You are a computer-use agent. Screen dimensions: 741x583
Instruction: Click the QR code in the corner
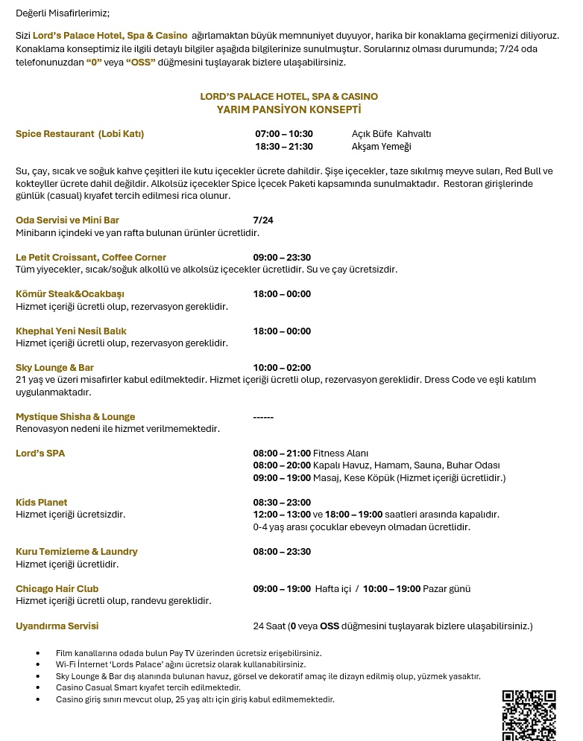[x=529, y=715]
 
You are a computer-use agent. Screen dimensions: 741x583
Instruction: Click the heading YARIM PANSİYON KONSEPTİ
[x=289, y=109]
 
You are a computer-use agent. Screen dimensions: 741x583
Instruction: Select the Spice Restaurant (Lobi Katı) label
[x=80, y=134]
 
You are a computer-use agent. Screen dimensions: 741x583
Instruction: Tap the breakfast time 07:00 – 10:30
[x=284, y=134]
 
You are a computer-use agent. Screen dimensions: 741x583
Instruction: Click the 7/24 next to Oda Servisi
[x=263, y=220]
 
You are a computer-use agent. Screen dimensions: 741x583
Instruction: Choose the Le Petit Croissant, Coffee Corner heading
[x=91, y=258]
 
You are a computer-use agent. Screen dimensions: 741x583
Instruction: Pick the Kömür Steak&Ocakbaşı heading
[x=70, y=294]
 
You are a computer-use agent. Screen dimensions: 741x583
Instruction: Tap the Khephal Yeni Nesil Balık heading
[x=71, y=331]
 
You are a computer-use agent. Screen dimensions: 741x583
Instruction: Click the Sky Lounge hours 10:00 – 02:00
[x=282, y=368]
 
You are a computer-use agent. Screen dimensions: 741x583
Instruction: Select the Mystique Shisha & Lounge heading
[x=75, y=417]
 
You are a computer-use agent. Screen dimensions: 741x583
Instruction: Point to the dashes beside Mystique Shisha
[x=263, y=417]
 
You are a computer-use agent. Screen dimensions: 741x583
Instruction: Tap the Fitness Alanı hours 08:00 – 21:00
[x=282, y=454]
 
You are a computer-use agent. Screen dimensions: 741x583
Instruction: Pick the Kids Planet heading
[x=42, y=503]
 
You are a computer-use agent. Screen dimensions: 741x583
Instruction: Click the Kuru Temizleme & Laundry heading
[x=77, y=552]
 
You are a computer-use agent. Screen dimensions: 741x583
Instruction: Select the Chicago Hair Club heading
[x=57, y=589]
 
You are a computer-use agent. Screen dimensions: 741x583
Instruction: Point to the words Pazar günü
[x=447, y=589]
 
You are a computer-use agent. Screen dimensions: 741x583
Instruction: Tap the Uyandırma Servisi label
[x=57, y=626]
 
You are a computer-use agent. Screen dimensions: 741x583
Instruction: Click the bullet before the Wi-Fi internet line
[x=38, y=664]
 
